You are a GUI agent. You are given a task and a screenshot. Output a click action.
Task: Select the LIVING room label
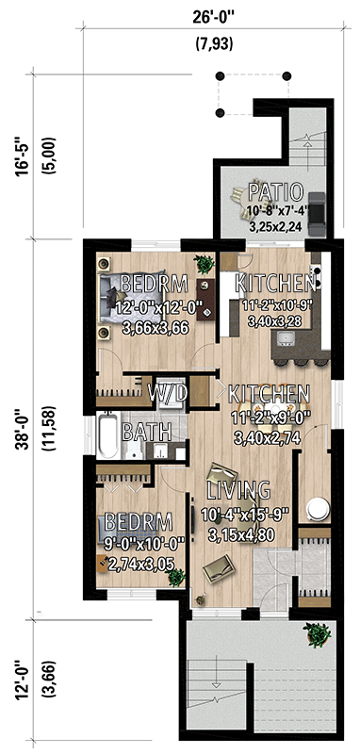tap(238, 490)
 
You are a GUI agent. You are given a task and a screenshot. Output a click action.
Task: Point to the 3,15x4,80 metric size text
tap(238, 532)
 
